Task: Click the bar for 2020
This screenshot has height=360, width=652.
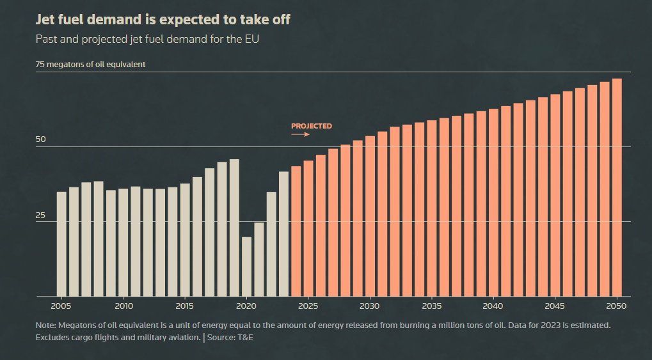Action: point(246,267)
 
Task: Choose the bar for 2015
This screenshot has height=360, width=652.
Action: point(185,240)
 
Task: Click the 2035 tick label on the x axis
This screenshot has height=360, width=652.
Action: point(432,306)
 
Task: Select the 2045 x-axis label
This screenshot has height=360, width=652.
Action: point(555,306)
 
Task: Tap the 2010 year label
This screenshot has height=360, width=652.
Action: point(123,306)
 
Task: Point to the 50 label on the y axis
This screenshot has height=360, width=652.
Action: point(41,139)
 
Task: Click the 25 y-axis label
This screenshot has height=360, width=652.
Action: point(41,215)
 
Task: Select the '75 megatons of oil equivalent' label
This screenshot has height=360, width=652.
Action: point(91,65)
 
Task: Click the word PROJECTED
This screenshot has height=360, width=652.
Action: point(312,126)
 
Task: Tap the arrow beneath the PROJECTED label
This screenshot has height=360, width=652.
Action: point(301,135)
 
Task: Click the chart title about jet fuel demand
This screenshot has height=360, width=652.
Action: point(163,20)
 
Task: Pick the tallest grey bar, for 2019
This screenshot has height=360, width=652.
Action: point(234,228)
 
